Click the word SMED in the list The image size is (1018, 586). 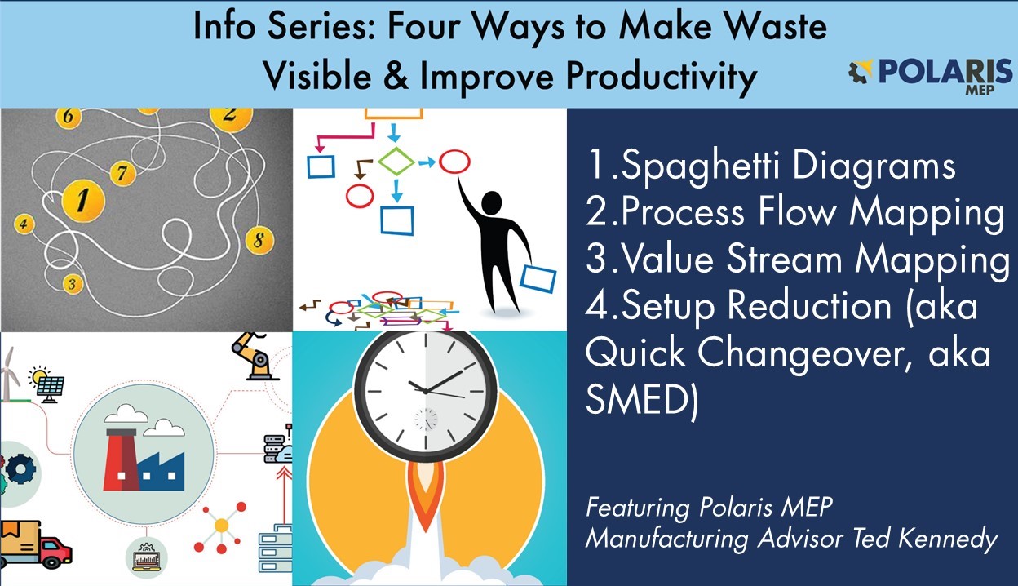[x=639, y=402]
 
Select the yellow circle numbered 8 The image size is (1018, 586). [x=258, y=240]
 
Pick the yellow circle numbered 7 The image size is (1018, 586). [x=122, y=172]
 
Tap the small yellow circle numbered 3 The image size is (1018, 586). [x=73, y=284]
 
